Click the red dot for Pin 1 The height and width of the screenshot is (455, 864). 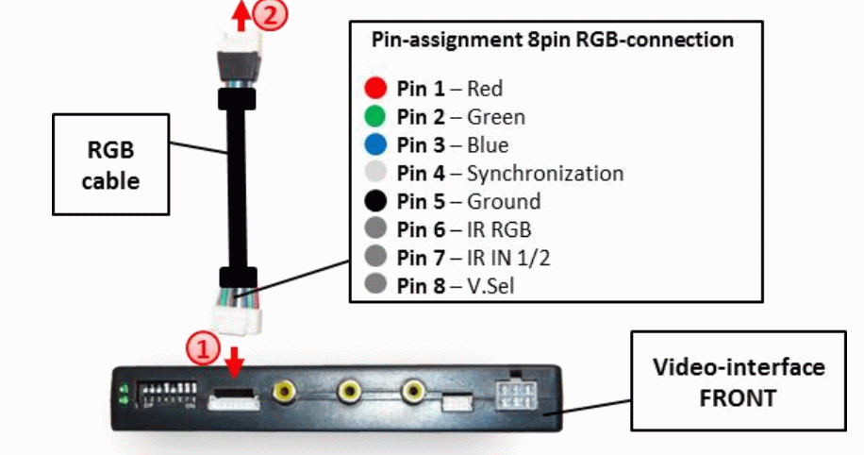tap(376, 89)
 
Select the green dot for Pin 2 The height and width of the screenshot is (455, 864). tap(376, 117)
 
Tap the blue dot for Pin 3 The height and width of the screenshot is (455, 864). tap(376, 145)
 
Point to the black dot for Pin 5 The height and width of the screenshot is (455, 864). tap(376, 201)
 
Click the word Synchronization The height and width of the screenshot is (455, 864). tap(545, 174)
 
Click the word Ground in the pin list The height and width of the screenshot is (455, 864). tap(504, 201)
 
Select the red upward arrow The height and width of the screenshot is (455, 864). tap(242, 13)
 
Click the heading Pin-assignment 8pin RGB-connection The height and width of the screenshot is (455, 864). tap(555, 41)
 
